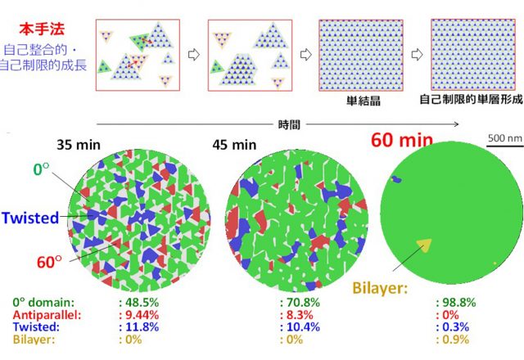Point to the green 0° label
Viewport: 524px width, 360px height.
(x=43, y=169)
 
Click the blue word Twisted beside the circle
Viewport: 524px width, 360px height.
(x=29, y=218)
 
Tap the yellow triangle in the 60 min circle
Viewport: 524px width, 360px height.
(x=423, y=243)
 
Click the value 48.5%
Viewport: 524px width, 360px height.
(x=142, y=301)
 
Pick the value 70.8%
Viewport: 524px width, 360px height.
(x=301, y=301)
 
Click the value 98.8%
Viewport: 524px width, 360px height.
(x=454, y=301)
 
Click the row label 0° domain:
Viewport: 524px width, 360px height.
(x=40, y=301)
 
